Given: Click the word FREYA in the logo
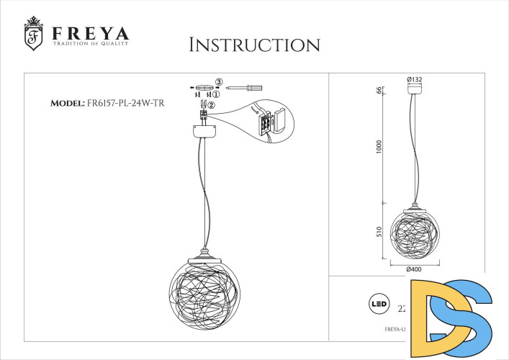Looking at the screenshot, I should pyautogui.click(x=90, y=33).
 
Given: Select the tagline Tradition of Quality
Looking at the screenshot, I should pyautogui.click(x=90, y=45).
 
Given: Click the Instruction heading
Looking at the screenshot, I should pyautogui.click(x=254, y=45).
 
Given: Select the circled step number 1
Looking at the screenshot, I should pyautogui.click(x=215, y=94).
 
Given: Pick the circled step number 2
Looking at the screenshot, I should pyautogui.click(x=211, y=107).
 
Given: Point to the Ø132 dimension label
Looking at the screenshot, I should pyautogui.click(x=414, y=78).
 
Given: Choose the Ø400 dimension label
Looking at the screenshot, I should pyautogui.click(x=414, y=269).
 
